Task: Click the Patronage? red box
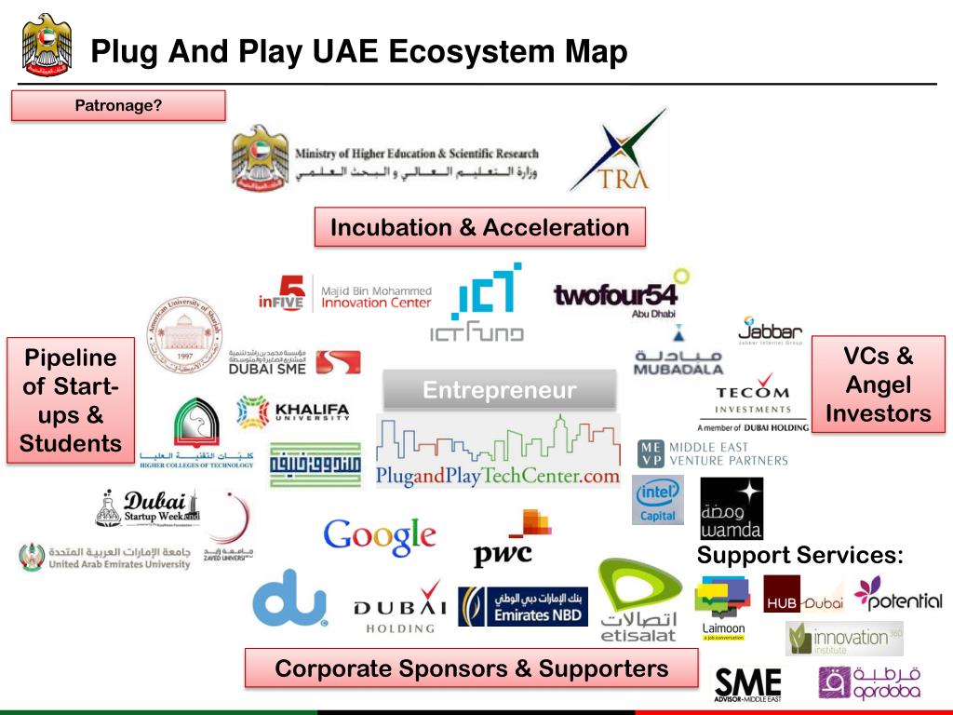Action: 118,105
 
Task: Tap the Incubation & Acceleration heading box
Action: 479,227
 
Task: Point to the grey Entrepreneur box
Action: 500,390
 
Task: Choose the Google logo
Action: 379,535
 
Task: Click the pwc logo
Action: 508,540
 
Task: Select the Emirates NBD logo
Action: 522,606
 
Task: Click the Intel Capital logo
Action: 658,500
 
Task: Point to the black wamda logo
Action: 731,508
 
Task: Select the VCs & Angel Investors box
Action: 878,384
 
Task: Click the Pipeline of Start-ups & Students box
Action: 70,400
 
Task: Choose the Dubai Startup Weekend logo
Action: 149,506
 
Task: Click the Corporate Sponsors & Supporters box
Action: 471,668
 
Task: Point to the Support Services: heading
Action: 800,556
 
